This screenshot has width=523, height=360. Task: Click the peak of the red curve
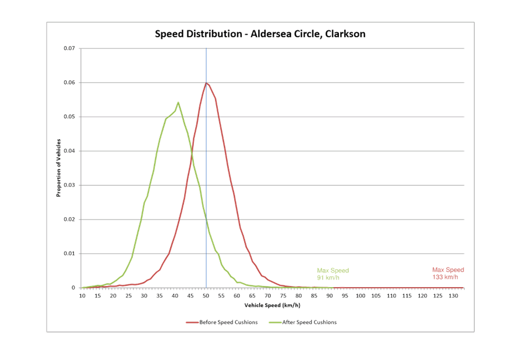coord(206,83)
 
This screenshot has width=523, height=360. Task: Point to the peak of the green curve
coord(178,103)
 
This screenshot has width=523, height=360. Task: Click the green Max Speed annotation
coord(333,274)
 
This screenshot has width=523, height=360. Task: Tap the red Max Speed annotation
coord(447,273)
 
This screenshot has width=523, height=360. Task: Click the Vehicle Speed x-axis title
coord(272,305)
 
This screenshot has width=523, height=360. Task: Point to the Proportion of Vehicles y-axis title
coord(59,167)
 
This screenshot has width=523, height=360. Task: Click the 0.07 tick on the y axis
coord(68,48)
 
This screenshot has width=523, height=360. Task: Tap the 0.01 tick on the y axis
coord(68,254)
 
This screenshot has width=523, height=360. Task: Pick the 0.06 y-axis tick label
coord(68,83)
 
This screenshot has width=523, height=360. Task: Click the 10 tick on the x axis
coord(82,295)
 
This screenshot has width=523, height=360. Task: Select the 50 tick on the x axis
coord(206,295)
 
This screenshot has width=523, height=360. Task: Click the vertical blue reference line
coord(206,175)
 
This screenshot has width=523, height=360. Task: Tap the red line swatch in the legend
coord(192,322)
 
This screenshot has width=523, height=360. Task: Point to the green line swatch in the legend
coord(274,322)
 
